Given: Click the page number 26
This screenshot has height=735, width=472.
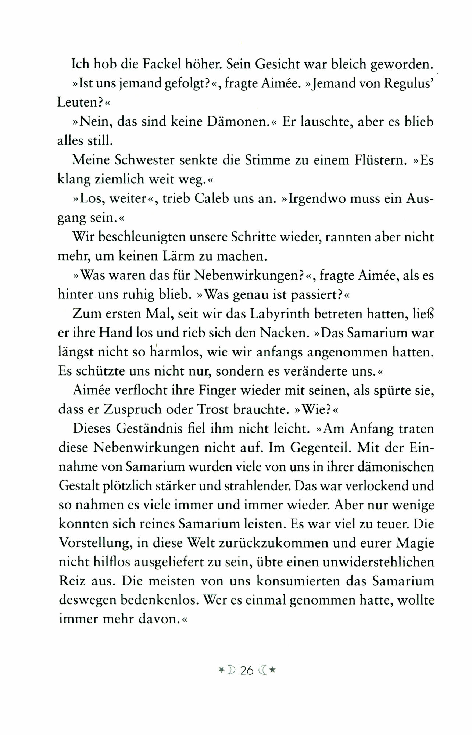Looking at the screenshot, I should (247, 671).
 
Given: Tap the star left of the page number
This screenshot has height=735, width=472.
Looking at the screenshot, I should (221, 670).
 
